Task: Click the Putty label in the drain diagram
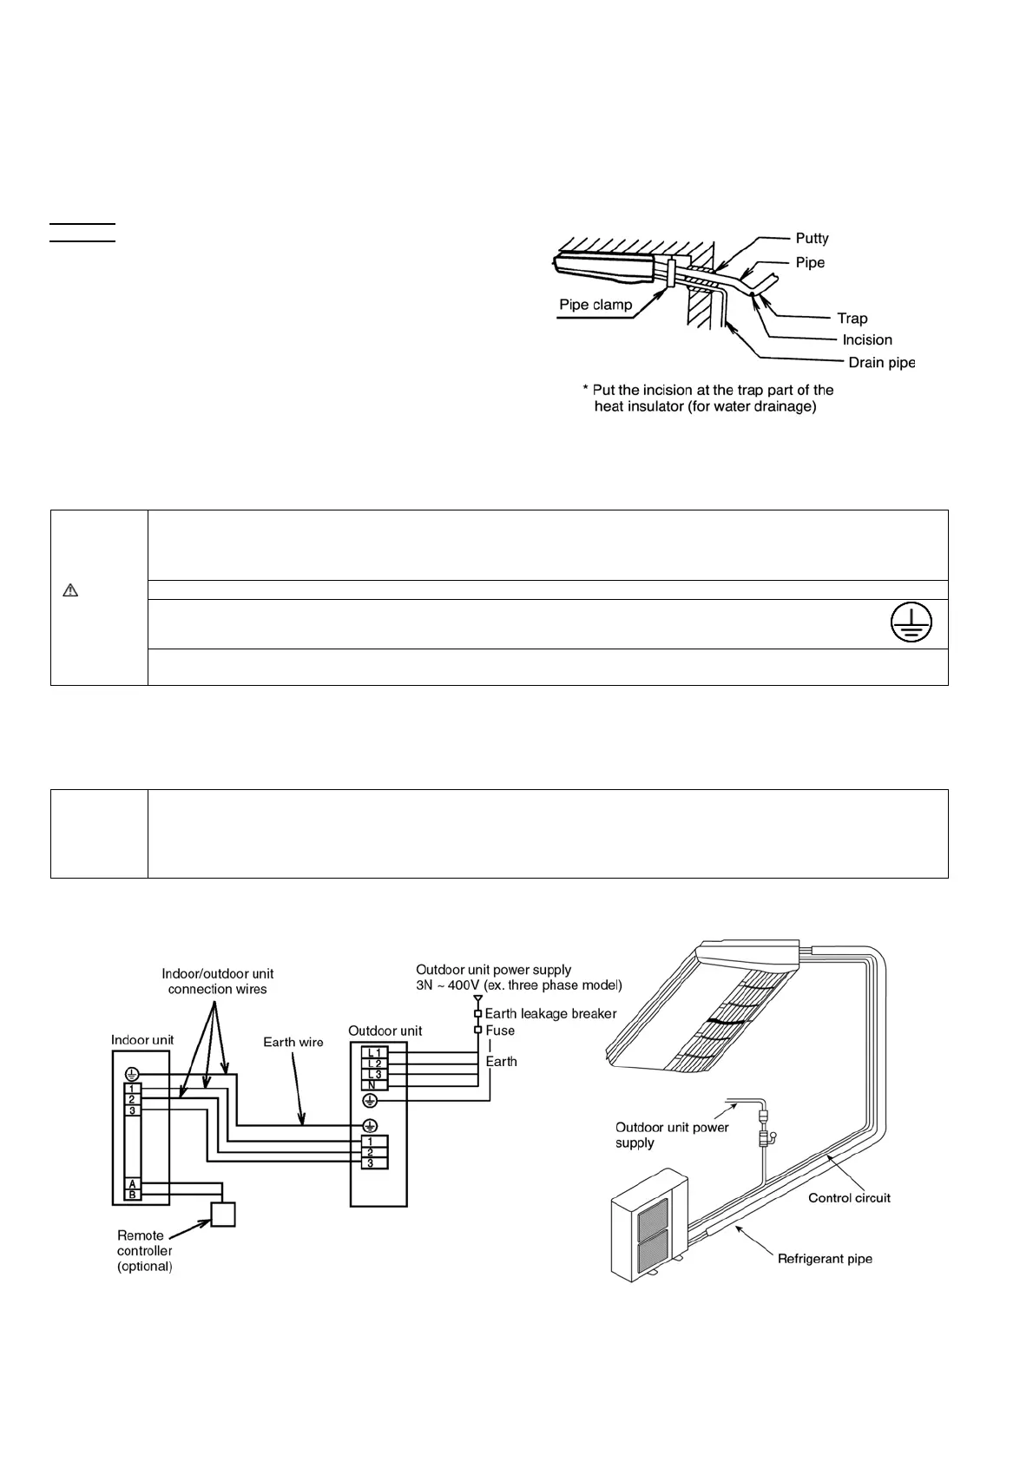tap(812, 239)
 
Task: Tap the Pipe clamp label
tap(595, 305)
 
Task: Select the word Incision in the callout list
tap(866, 340)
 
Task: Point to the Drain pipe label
tap(881, 363)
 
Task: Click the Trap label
tap(852, 319)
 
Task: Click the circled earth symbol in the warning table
tap(910, 624)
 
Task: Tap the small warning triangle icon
tap(71, 591)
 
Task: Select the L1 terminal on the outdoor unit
tap(374, 1053)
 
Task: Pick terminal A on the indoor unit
tap(133, 1184)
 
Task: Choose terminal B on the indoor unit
tap(133, 1195)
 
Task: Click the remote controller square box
tap(223, 1215)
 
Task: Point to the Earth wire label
tap(293, 1043)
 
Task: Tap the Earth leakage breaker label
tap(550, 1014)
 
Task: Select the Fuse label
tap(500, 1031)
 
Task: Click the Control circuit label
tap(849, 1198)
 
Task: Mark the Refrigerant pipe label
tap(825, 1259)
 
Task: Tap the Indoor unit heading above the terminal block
tap(142, 1040)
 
